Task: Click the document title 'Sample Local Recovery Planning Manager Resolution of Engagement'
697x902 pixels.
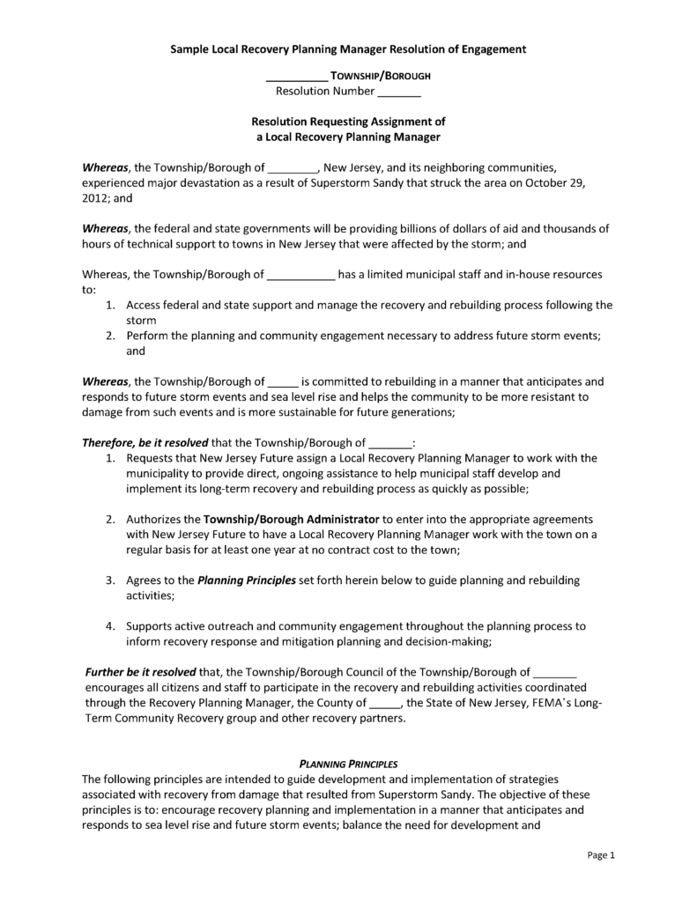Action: [348, 49]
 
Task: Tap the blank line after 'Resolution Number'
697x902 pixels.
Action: [399, 92]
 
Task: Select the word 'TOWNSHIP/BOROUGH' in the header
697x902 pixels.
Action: [380, 76]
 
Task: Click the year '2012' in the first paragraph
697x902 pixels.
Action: [94, 199]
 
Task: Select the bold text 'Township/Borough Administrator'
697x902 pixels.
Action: [292, 519]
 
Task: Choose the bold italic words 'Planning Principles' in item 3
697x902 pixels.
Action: [247, 580]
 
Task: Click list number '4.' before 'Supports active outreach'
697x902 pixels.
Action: [111, 626]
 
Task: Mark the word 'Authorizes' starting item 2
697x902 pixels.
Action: [155, 519]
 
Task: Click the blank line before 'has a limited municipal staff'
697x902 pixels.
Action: [300, 275]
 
